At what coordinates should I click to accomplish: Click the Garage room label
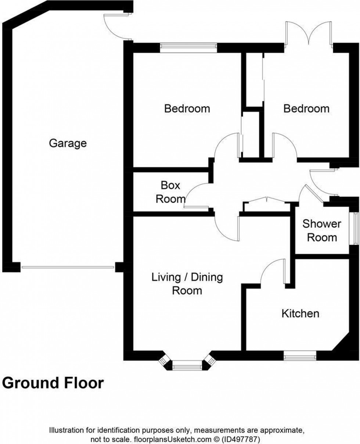point(68,143)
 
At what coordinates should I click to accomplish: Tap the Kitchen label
point(300,314)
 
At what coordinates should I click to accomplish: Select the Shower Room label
point(322,230)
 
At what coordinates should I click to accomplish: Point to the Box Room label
point(170,192)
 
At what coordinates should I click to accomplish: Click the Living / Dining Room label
point(187,283)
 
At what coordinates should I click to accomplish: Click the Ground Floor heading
point(53,383)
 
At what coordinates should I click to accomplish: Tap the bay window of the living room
point(187,365)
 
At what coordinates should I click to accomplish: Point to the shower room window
point(355,228)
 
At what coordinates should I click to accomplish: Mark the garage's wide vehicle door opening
point(68,267)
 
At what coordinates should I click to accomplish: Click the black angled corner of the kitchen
point(342,343)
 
